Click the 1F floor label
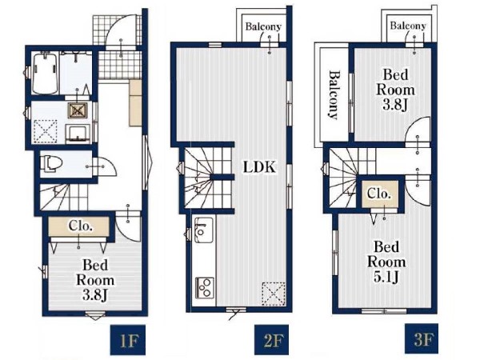tap(127, 340)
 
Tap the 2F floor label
tap(272, 340)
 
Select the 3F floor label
tap(422, 338)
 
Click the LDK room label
tap(259, 167)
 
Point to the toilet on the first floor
tap(52, 162)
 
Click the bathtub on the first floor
tap(45, 74)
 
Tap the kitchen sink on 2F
tap(203, 230)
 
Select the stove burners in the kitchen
tap(205, 287)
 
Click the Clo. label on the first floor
tap(80, 226)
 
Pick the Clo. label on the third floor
tap(379, 194)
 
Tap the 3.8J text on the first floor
tap(94, 295)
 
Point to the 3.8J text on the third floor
tap(395, 106)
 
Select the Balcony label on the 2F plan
tap(263, 26)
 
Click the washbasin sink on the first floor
tap(78, 134)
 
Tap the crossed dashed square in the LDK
tap(274, 294)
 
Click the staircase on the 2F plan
tap(207, 178)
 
